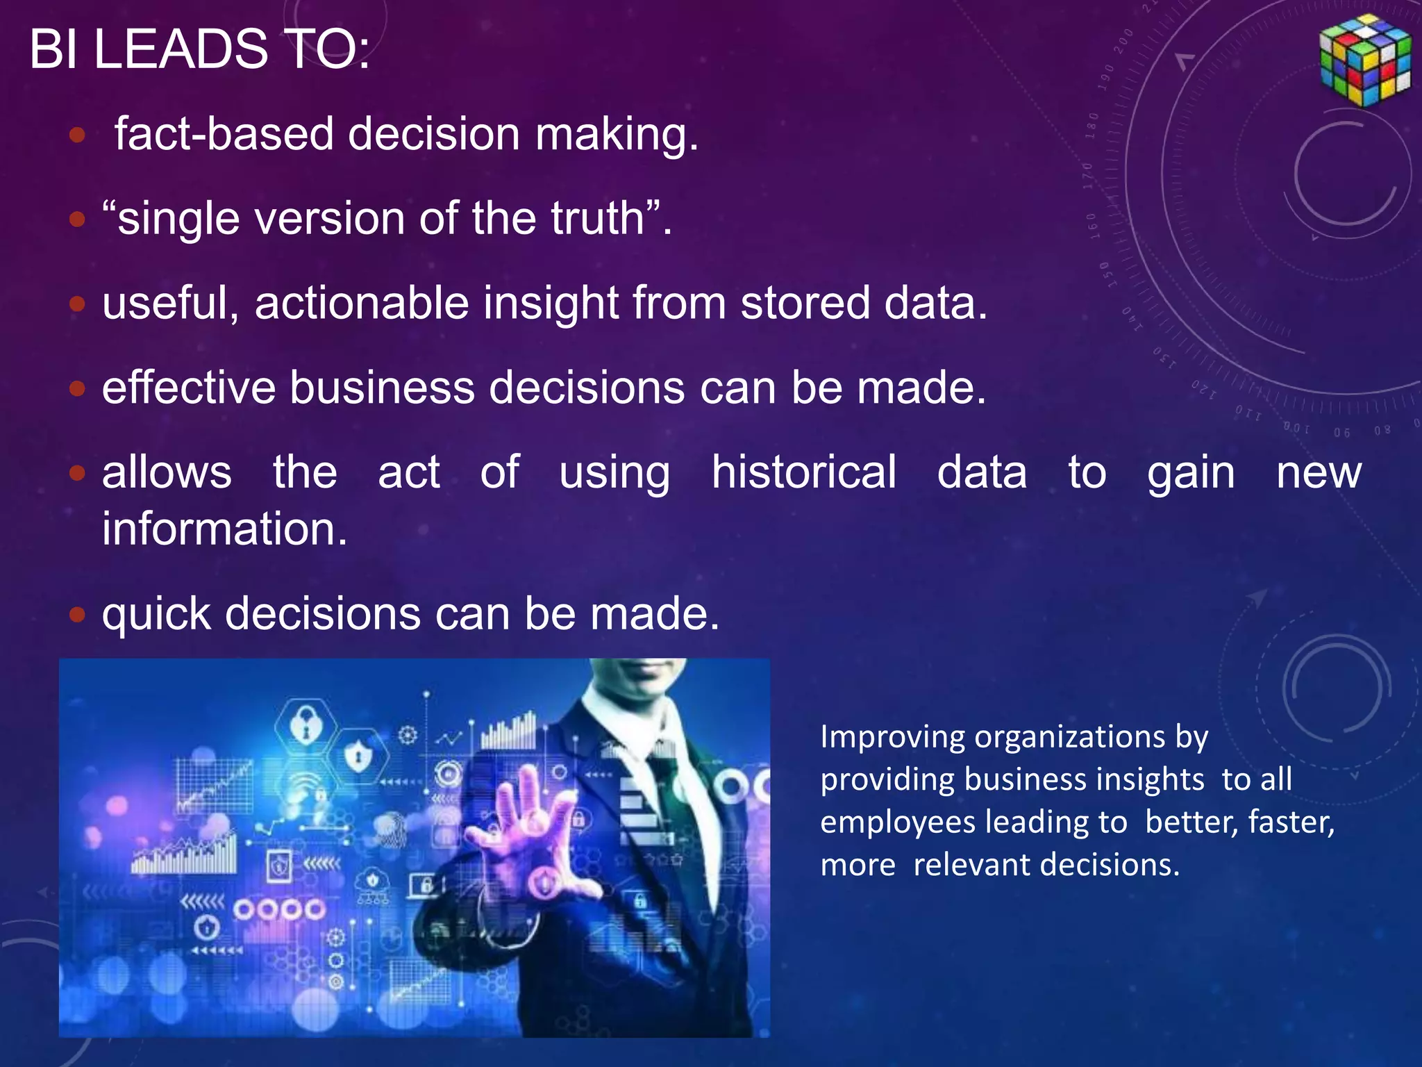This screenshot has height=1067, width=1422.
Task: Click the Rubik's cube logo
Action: (x=1365, y=60)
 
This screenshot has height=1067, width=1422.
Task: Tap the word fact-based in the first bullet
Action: (x=224, y=133)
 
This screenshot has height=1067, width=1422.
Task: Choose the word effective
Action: (x=188, y=388)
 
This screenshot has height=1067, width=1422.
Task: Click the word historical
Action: (x=803, y=472)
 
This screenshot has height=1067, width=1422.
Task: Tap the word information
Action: (x=224, y=529)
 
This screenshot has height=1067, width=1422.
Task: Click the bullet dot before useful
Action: (x=77, y=304)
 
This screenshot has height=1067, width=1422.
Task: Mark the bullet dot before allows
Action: (x=77, y=473)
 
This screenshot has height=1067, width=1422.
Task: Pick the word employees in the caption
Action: (x=898, y=822)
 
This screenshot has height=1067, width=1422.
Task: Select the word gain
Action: (x=1190, y=474)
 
